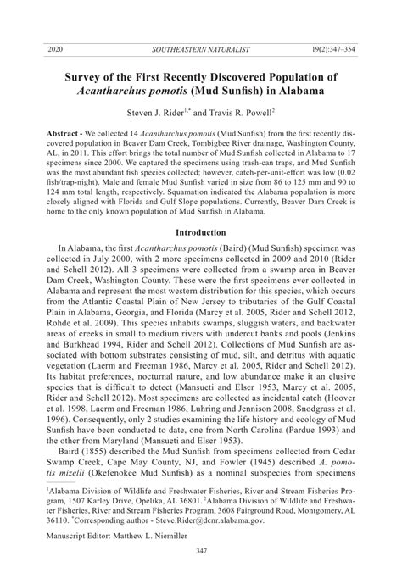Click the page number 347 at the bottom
200,573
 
